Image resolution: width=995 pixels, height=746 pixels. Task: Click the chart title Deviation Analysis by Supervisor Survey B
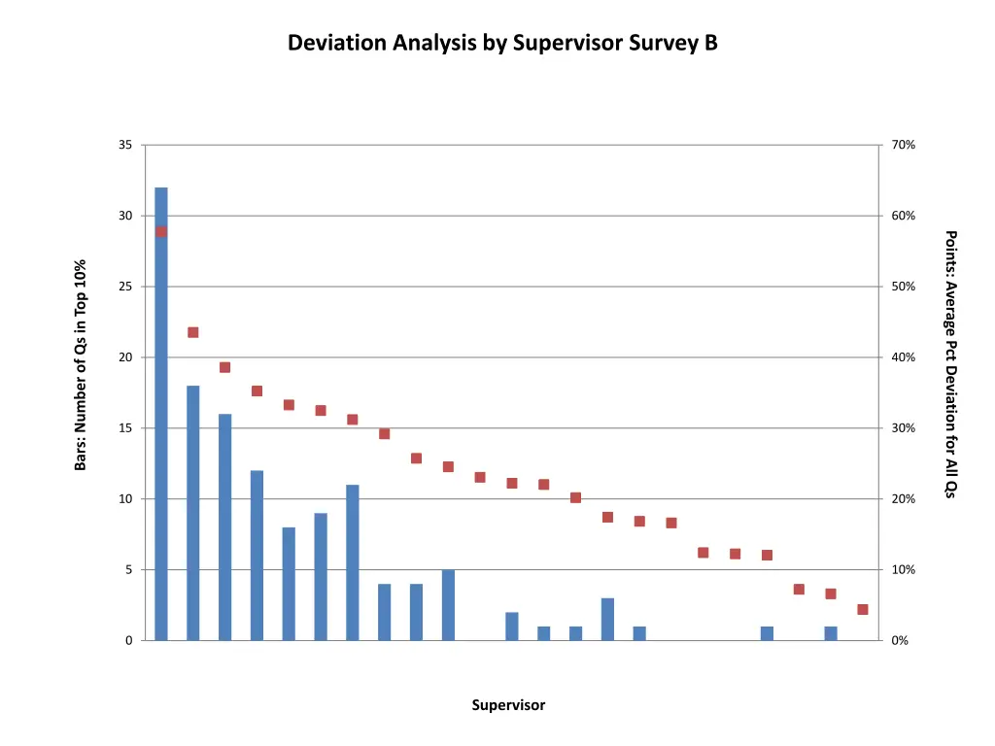(502, 43)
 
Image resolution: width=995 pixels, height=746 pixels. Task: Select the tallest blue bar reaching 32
(161, 413)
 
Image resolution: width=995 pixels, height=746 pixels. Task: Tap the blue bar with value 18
(193, 513)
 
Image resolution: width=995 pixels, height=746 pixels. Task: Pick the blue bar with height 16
(225, 526)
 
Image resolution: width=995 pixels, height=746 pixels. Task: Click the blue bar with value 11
(353, 562)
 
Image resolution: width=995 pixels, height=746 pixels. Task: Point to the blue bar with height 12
(257, 555)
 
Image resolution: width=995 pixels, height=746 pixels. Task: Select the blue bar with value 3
(607, 619)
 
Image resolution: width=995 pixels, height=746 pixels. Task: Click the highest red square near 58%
(161, 231)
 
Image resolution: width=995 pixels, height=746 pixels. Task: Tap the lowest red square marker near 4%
(863, 609)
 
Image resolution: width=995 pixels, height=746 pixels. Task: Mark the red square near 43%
(193, 332)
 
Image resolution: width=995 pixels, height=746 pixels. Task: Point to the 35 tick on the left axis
(125, 145)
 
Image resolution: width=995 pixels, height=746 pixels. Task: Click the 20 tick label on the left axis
(125, 357)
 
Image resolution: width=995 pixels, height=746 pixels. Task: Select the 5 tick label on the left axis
(128, 570)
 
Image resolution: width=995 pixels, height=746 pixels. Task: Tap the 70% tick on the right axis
(903, 145)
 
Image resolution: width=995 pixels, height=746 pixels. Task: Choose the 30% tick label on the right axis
(903, 428)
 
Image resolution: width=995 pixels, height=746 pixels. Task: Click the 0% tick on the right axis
(900, 641)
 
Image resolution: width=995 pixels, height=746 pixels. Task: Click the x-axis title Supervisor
(508, 705)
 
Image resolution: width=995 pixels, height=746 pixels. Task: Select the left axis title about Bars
(82, 365)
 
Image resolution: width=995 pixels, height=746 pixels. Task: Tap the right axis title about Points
(951, 363)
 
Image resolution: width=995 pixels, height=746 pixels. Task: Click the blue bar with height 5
(448, 604)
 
